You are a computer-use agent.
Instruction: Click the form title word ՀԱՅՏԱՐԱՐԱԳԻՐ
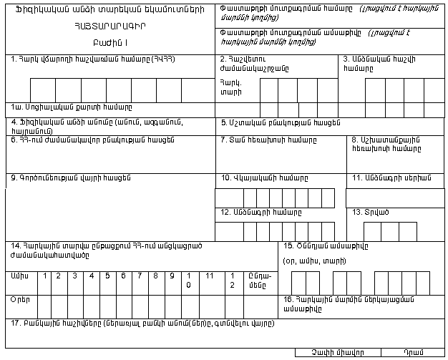pyautogui.click(x=108, y=26)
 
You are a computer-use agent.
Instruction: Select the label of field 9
pyautogui.click(x=73, y=177)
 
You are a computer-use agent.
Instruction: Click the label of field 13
pyautogui.click(x=368, y=213)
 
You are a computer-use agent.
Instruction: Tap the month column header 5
pyautogui.click(x=107, y=275)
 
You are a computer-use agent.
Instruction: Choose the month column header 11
pyautogui.click(x=209, y=275)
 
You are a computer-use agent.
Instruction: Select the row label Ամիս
pyautogui.click(x=21, y=275)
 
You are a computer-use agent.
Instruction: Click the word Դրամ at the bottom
pyautogui.click(x=414, y=353)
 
